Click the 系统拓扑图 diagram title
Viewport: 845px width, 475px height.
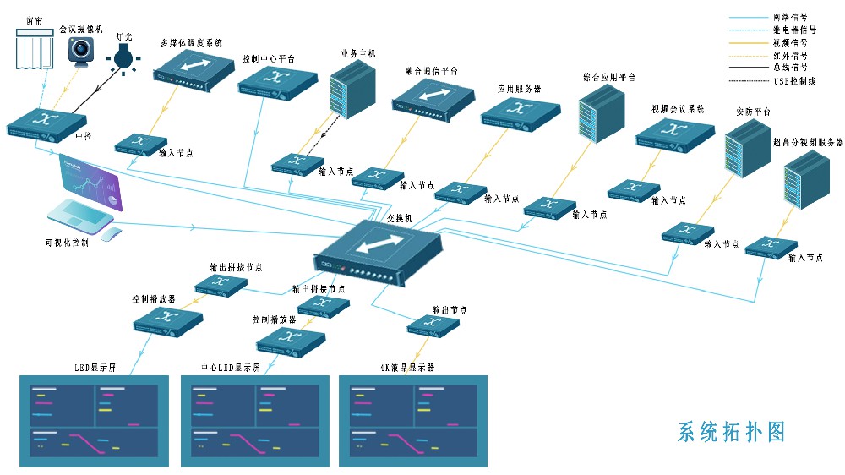click(x=732, y=432)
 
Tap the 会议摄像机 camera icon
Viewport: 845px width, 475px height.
click(x=82, y=51)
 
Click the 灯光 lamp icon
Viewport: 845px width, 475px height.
click(x=123, y=58)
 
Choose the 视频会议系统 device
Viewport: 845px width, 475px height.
click(x=671, y=134)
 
